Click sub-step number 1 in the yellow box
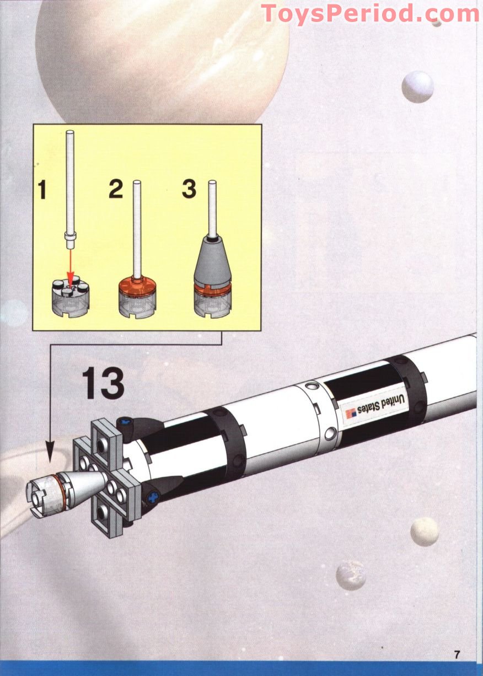pos(42,190)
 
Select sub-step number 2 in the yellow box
pos(115,189)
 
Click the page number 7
pos(457,655)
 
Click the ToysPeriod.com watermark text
pos(369,13)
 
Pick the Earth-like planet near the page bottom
pos(351,575)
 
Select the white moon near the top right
pos(417,87)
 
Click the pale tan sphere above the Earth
pos(425,531)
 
